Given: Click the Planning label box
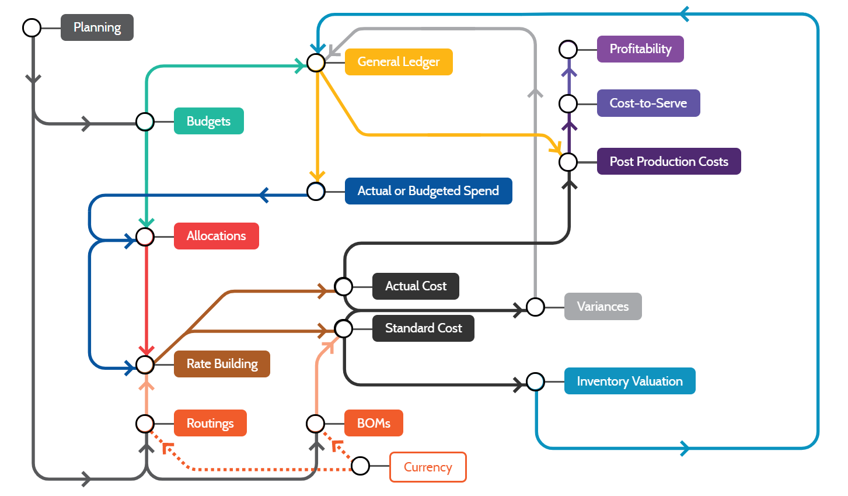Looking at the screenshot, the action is pos(97,27).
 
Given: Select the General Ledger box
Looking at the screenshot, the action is pos(399,62).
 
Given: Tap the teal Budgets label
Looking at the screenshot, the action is pos(208,121).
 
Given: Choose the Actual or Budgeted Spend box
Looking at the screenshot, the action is pos(428,191).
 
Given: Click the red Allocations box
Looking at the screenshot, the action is pos(216,236).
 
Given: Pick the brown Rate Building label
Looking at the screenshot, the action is pos(222,364).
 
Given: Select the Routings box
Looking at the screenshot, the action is pos(210,423).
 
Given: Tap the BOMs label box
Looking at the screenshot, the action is pos(374,423).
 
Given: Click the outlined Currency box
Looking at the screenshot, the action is pos(428,467).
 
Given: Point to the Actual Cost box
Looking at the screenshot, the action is pos(416,286).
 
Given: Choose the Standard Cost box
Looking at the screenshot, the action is pos(423,328).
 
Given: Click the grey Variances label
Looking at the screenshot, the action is pos(603,306).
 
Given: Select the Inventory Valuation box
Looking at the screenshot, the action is pos(630,381).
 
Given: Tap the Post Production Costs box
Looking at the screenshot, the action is pos(669,161).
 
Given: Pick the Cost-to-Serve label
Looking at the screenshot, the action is pos(648,103).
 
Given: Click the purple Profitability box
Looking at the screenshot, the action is pos(640,49).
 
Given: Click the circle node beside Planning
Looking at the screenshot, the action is pos(32,27).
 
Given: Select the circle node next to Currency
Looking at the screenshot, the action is pos(361,466).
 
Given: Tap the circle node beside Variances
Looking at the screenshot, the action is pos(535,307).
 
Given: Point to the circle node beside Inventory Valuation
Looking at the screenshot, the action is pos(535,381).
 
